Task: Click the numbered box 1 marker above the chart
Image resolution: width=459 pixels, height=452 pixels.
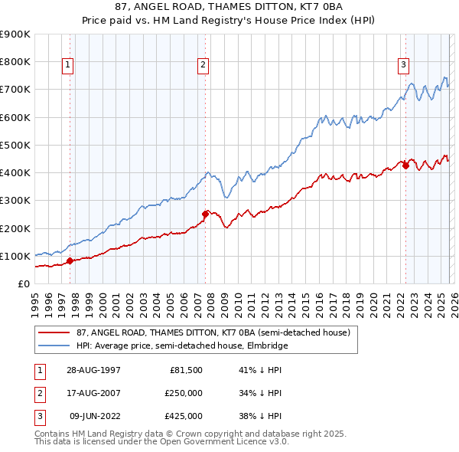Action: (x=68, y=66)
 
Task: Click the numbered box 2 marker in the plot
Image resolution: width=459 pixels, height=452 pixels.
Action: (x=203, y=66)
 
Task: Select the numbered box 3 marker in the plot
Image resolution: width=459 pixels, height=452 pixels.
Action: (x=403, y=66)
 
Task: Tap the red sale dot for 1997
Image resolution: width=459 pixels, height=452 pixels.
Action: (x=70, y=260)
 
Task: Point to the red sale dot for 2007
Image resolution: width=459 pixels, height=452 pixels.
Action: (x=205, y=215)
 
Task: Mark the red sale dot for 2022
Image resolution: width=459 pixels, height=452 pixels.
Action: (x=405, y=165)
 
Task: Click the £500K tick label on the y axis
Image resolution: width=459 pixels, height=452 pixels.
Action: (x=15, y=145)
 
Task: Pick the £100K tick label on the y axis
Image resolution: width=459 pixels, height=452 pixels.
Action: (x=15, y=256)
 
